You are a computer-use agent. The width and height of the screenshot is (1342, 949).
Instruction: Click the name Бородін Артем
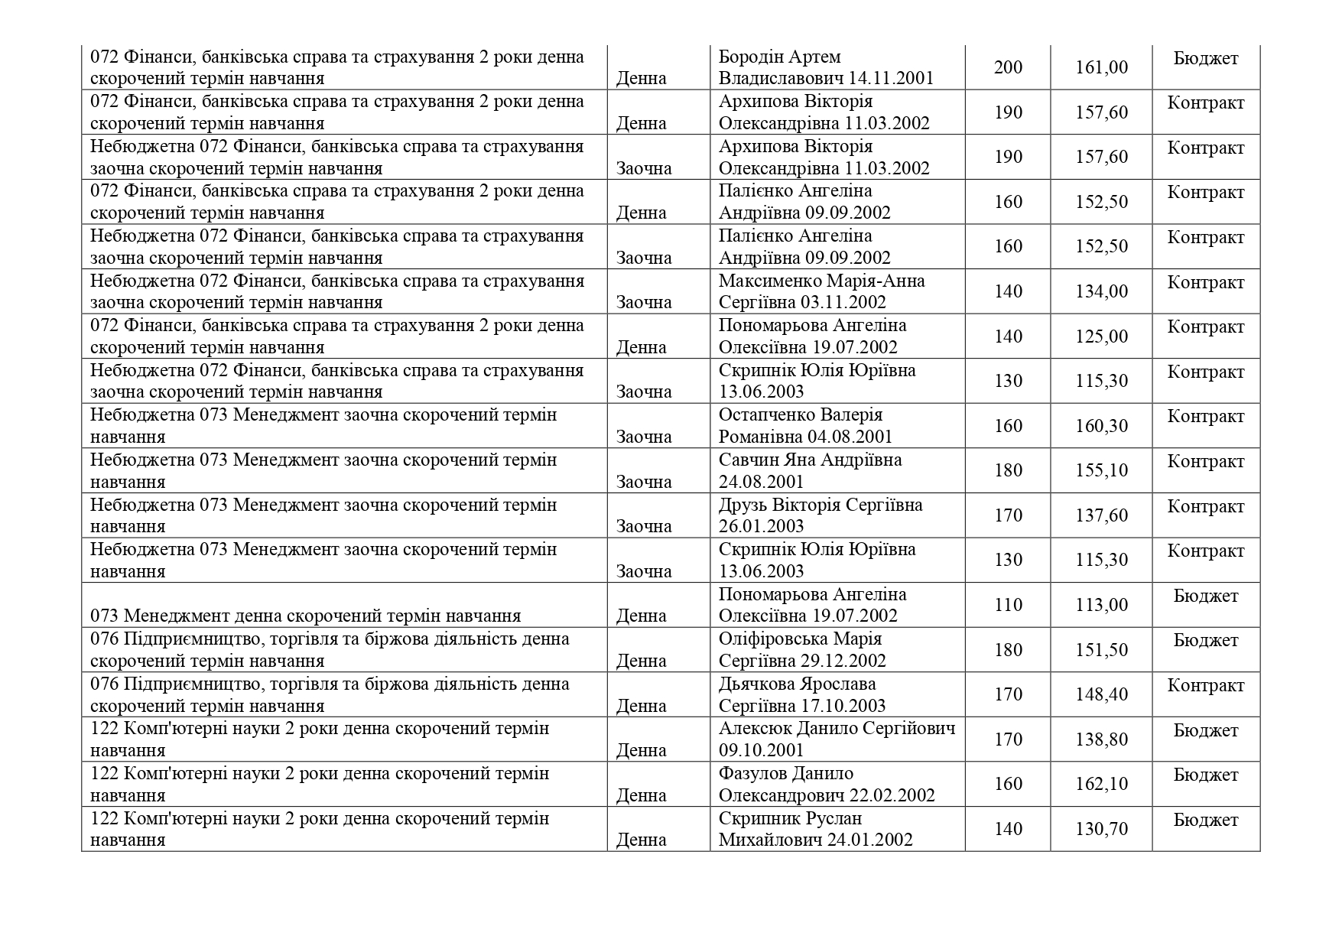779,57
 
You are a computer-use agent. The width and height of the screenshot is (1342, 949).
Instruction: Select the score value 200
1007,67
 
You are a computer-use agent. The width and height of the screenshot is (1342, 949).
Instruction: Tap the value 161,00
1101,67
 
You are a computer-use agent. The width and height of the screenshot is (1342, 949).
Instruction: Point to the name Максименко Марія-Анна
821,281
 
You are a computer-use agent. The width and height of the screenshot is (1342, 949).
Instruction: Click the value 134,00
1101,291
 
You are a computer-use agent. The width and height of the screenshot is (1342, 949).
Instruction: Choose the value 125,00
1101,336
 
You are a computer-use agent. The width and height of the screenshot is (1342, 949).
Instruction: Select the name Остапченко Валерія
800,415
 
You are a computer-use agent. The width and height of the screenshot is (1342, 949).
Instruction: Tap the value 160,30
1101,426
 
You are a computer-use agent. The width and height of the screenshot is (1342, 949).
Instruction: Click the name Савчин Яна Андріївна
810,460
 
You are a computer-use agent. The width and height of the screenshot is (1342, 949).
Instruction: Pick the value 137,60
1101,515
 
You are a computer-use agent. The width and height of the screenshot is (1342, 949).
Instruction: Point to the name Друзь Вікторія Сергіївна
820,505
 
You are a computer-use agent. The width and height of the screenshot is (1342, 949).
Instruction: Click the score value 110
1007,605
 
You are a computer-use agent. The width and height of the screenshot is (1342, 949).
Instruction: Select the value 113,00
1101,605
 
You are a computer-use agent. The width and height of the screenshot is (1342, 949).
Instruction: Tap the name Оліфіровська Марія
800,639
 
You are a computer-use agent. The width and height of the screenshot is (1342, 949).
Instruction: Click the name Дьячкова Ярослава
797,684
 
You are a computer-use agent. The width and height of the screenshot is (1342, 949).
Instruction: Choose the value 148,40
1101,694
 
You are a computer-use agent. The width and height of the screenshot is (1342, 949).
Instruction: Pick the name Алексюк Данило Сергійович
837,728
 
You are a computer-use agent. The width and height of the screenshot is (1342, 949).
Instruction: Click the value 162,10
1101,784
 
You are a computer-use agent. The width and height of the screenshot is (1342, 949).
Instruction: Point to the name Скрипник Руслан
790,818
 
